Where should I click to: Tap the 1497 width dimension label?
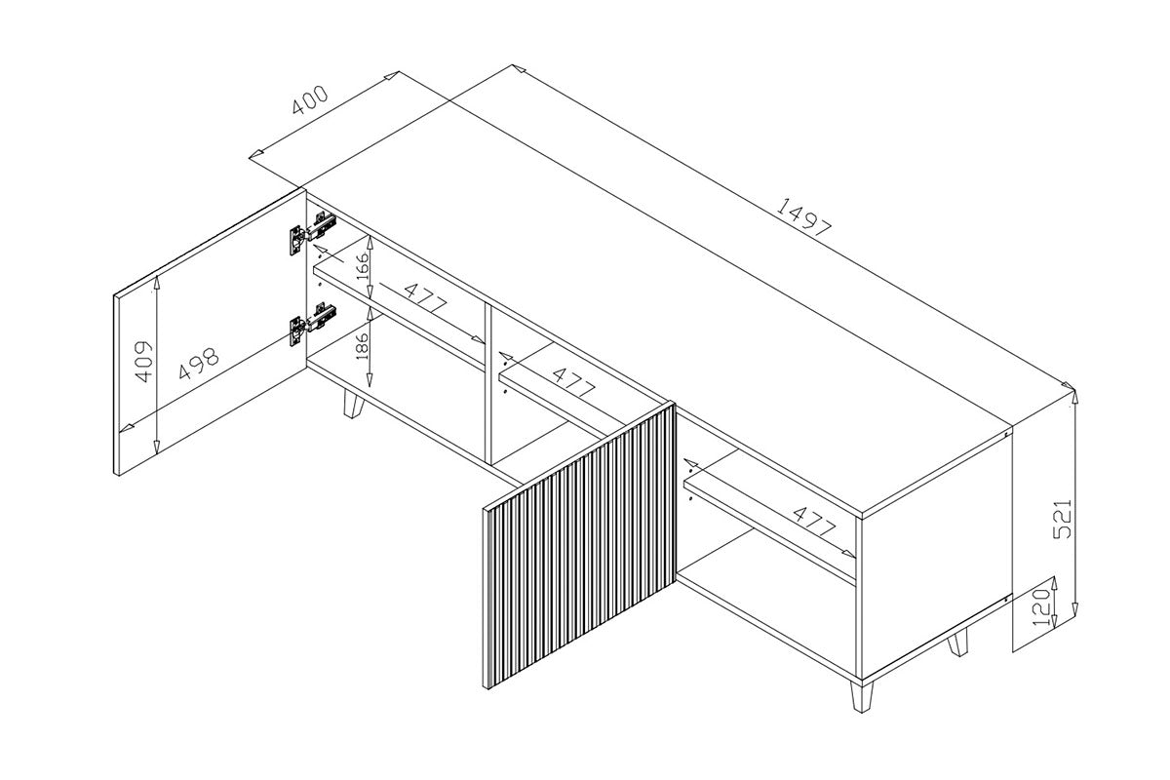pyautogui.click(x=803, y=216)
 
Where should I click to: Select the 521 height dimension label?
pyautogui.click(x=1062, y=519)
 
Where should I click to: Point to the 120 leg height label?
pyautogui.click(x=1041, y=607)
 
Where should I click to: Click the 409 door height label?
pyautogui.click(x=143, y=362)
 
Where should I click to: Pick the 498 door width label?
pyautogui.click(x=199, y=363)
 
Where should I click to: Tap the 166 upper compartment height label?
pyautogui.click(x=362, y=265)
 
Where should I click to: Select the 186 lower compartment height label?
pyautogui.click(x=362, y=345)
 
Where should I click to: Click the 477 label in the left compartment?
pyautogui.click(x=426, y=297)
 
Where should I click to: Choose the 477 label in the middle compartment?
pyautogui.click(x=573, y=382)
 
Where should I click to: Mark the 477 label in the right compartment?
pyautogui.click(x=814, y=522)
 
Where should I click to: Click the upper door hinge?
pyautogui.click(x=313, y=232)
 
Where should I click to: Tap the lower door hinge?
pyautogui.click(x=313, y=324)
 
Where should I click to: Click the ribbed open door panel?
pyautogui.click(x=579, y=545)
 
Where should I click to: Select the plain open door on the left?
pyautogui.click(x=210, y=331)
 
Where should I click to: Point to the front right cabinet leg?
pyautogui.click(x=861, y=696)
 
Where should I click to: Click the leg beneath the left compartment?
pyautogui.click(x=354, y=403)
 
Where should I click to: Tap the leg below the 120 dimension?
pyautogui.click(x=957, y=643)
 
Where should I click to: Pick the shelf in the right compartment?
pyautogui.click(x=769, y=527)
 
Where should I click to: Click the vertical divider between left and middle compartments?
pyautogui.click(x=488, y=384)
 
